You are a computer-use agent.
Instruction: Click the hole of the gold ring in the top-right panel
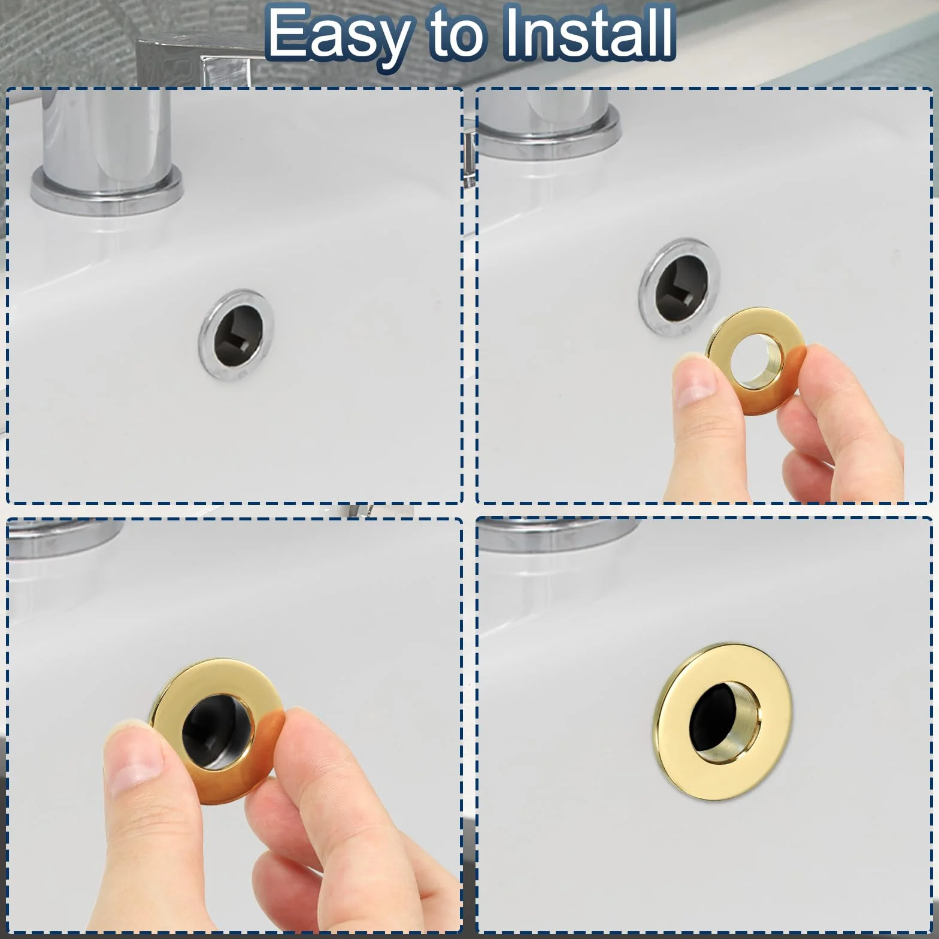(x=756, y=358)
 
